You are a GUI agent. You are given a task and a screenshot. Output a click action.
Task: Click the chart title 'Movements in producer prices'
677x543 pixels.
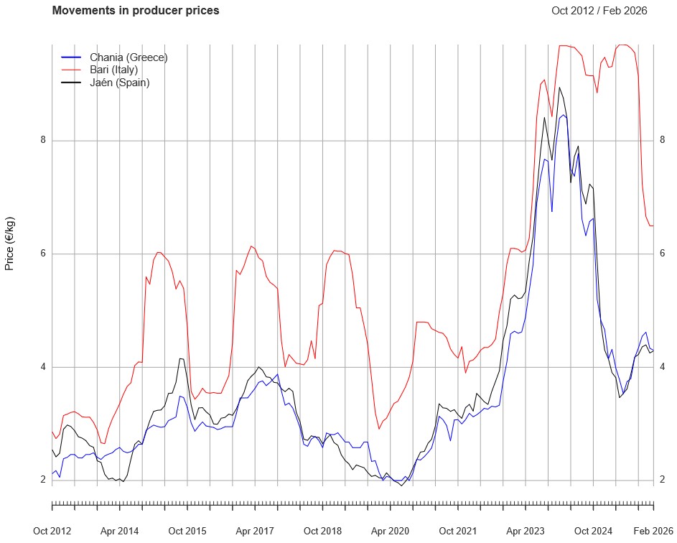(136, 11)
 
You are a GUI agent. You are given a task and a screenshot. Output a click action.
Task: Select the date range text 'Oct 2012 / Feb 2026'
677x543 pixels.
(599, 11)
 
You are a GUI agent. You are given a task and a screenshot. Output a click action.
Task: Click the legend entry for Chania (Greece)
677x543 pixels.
(123, 57)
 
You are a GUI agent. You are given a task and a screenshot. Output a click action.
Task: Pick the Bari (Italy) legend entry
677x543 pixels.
(113, 70)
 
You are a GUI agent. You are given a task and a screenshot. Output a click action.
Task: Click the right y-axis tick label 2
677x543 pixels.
(662, 480)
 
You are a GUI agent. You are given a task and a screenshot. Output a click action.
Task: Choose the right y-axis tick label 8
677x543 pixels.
(662, 140)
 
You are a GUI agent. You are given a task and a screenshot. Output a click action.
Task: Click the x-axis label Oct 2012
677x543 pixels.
(52, 531)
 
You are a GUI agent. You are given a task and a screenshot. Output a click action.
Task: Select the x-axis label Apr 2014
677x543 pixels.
(119, 531)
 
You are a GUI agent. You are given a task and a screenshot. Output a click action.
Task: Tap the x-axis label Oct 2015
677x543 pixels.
(187, 531)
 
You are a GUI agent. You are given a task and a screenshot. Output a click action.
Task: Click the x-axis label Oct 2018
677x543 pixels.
(322, 531)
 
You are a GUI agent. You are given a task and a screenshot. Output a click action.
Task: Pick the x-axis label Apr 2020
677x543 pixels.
(390, 531)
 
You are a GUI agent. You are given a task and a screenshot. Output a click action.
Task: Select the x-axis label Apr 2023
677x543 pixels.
(526, 531)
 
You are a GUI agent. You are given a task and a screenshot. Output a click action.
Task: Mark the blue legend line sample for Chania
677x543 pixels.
(71, 57)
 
